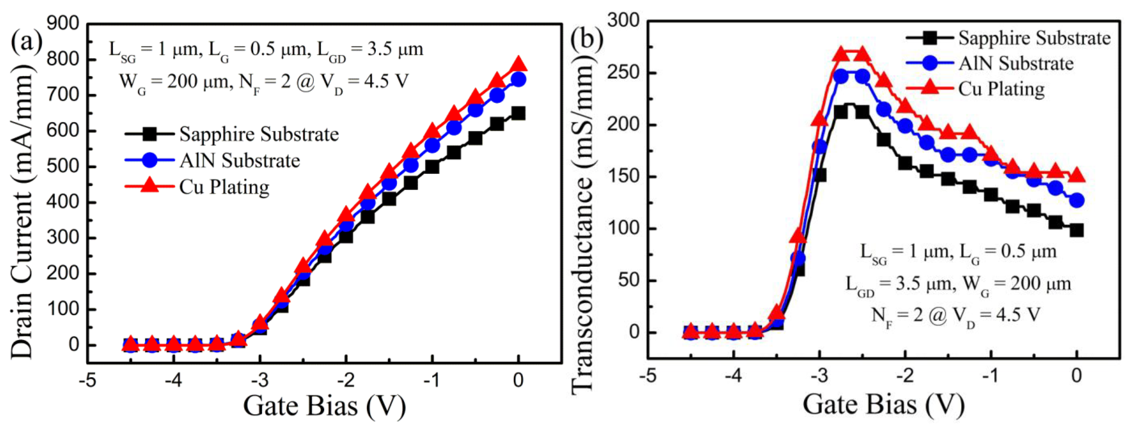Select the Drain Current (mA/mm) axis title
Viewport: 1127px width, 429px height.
pos(22,210)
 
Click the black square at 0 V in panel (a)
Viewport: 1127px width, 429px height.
pos(518,114)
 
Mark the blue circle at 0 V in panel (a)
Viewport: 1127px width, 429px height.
pos(518,80)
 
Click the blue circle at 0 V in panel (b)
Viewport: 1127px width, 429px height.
pos(1077,200)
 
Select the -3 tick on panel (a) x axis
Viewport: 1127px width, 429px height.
pos(260,380)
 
